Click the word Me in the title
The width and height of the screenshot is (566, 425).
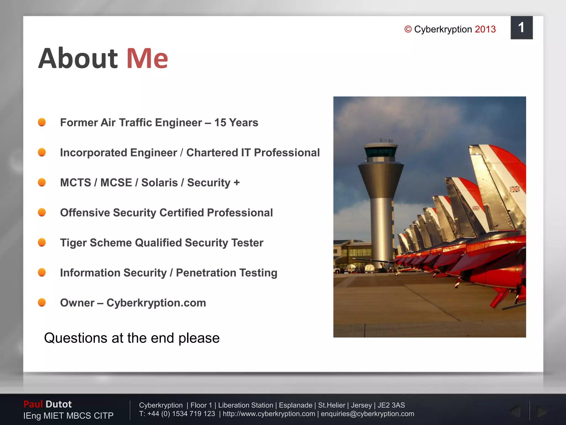pos(147,59)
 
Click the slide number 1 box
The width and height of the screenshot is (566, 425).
pos(521,28)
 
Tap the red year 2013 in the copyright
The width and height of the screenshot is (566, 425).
pos(485,29)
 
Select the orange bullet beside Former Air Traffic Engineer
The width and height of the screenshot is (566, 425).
pos(42,122)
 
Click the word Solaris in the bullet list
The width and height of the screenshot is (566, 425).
pos(159,183)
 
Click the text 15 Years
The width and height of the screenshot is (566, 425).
pos(236,123)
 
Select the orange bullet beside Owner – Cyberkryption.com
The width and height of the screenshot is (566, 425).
pos(42,302)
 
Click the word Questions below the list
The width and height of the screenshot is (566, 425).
pos(76,338)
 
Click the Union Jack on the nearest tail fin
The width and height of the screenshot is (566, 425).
pos(514,189)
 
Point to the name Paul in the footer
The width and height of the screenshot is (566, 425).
pos(33,404)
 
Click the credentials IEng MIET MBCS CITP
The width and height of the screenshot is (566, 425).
pos(68,416)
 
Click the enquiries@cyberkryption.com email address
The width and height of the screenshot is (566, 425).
pos(367,414)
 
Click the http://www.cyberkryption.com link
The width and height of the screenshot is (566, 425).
pos(269,414)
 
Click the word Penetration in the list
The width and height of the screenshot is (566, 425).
pos(206,273)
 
